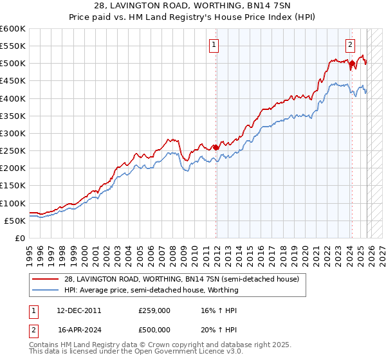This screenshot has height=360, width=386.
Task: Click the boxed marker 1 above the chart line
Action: click(x=214, y=45)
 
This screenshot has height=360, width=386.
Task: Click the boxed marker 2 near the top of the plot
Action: click(x=350, y=45)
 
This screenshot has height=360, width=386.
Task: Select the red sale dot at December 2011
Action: click(x=216, y=147)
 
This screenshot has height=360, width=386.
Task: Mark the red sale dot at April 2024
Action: click(x=353, y=64)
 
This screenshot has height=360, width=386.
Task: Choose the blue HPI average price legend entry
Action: click(x=151, y=290)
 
